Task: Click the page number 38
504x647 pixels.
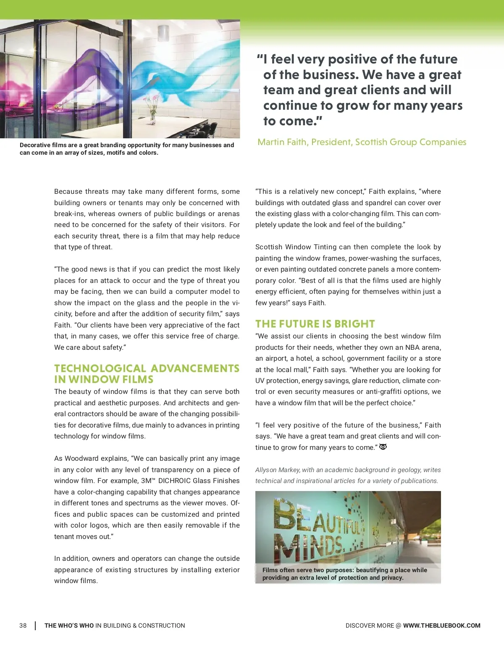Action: [x=23, y=626]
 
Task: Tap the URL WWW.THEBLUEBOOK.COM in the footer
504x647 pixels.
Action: [x=441, y=626]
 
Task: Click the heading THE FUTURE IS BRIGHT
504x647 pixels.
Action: [x=315, y=324]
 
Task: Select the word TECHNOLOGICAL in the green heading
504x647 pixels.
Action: [x=100, y=368]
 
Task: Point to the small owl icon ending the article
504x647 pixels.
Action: [x=383, y=447]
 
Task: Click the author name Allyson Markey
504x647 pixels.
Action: [x=278, y=470]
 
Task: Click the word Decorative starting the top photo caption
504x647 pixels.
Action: [x=36, y=145]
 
